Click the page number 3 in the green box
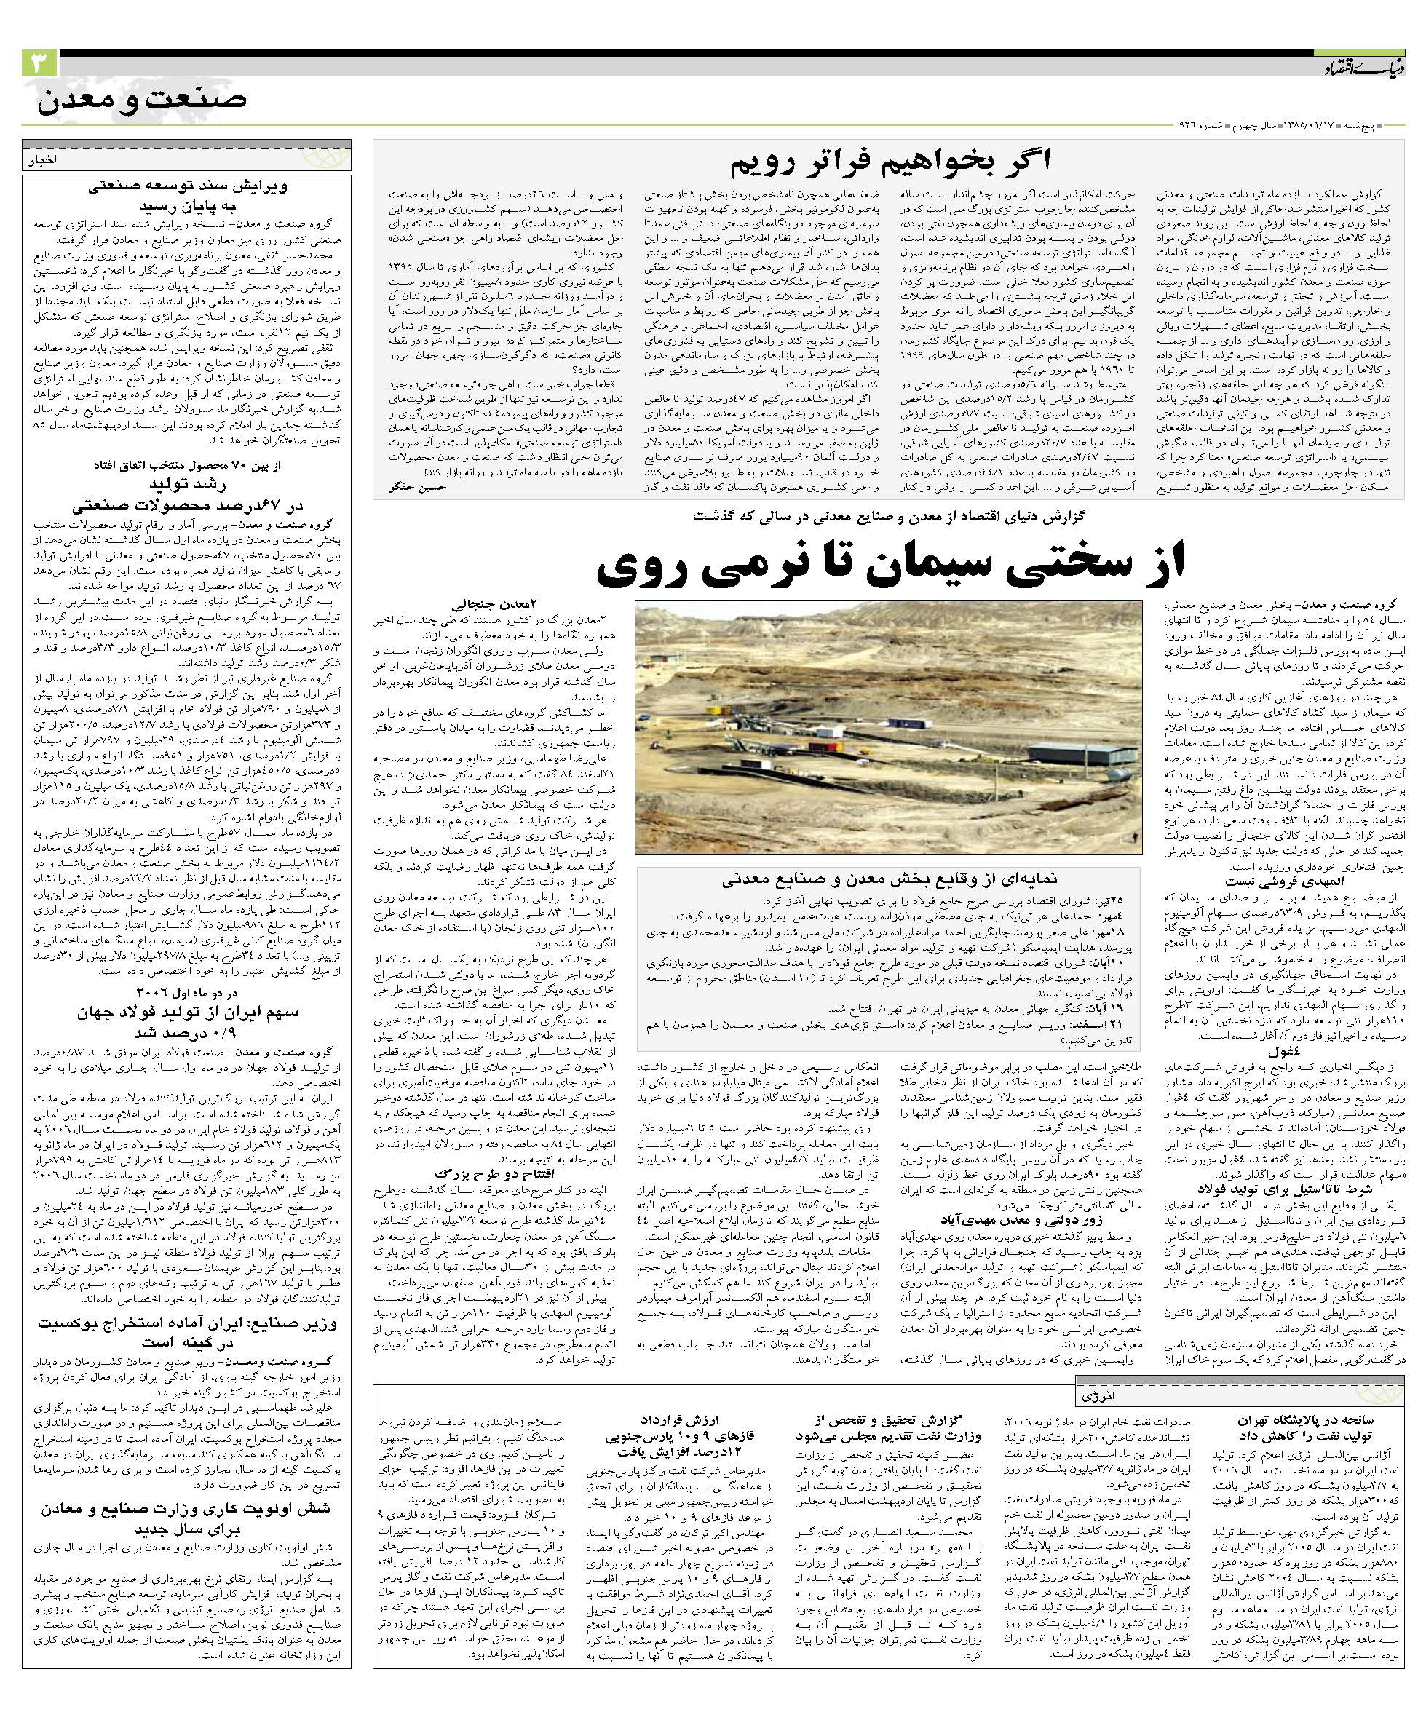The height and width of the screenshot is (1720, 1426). pyautogui.click(x=39, y=63)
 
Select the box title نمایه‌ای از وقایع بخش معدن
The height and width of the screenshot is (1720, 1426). pyautogui.click(x=888, y=881)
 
